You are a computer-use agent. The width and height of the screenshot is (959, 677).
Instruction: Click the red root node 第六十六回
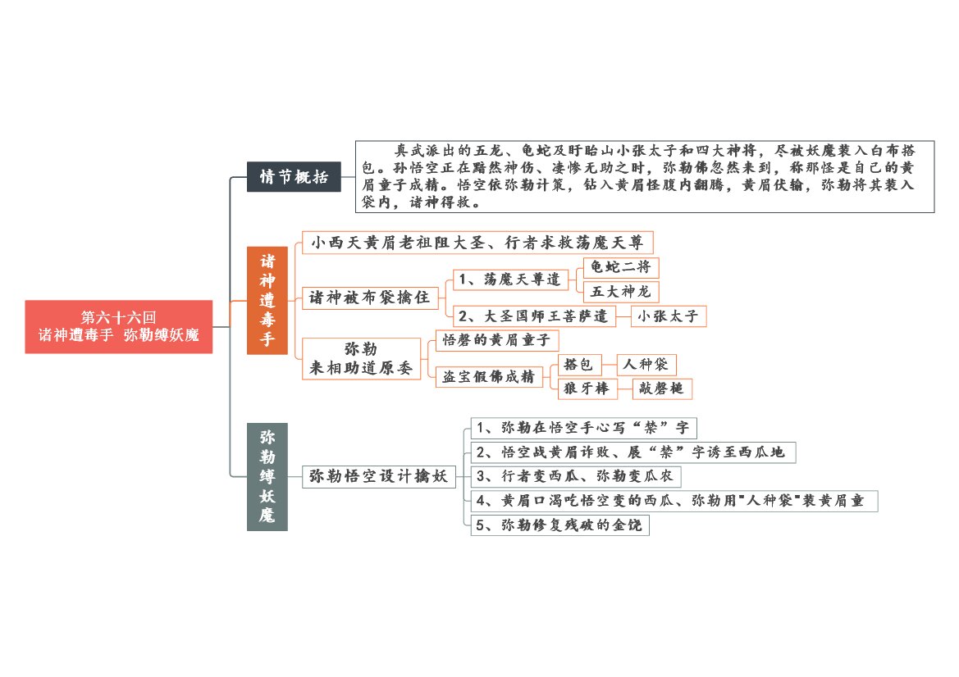pyautogui.click(x=119, y=326)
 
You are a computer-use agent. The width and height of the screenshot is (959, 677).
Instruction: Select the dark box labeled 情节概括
pyautogui.click(x=294, y=176)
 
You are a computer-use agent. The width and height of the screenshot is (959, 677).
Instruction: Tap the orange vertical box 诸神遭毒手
pyautogui.click(x=267, y=301)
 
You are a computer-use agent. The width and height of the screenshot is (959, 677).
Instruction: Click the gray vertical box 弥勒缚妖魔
pyautogui.click(x=267, y=476)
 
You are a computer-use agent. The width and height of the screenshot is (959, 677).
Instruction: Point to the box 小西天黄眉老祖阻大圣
pyautogui.click(x=477, y=243)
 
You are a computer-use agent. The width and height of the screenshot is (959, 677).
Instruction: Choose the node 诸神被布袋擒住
pyautogui.click(x=370, y=298)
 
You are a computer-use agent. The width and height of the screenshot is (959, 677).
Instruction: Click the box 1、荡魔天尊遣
pyautogui.click(x=510, y=279)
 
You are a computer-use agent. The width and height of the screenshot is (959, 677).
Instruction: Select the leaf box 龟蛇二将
pyautogui.click(x=621, y=267)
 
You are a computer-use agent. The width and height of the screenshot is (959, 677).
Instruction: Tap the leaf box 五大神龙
pyautogui.click(x=621, y=292)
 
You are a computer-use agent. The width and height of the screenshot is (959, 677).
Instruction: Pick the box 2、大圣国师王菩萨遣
pyautogui.click(x=533, y=316)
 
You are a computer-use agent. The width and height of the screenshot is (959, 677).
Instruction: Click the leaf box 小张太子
pyautogui.click(x=669, y=316)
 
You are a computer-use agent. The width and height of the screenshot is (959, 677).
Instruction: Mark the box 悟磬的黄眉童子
pyautogui.click(x=496, y=340)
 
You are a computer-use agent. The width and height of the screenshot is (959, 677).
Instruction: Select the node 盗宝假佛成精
pyautogui.click(x=489, y=376)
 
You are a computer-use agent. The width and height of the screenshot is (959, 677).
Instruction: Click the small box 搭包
pyautogui.click(x=579, y=365)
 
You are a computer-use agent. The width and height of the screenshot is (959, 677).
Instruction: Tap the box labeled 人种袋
pyautogui.click(x=646, y=365)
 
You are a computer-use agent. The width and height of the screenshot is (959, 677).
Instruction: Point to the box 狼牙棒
pyautogui.click(x=587, y=388)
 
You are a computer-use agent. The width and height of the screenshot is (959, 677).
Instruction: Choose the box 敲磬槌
pyautogui.click(x=662, y=388)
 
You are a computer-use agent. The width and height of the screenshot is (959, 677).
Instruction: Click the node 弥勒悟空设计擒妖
pyautogui.click(x=379, y=476)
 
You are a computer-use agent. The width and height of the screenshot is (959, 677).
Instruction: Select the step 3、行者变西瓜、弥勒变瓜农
pyautogui.click(x=576, y=476)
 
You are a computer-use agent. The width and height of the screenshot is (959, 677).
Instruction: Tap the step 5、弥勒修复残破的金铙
pyautogui.click(x=559, y=525)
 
